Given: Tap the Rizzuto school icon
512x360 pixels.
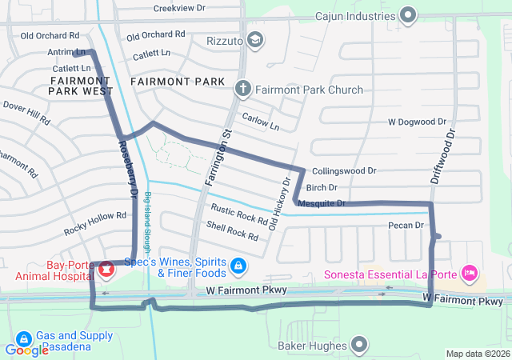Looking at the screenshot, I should point(254,39).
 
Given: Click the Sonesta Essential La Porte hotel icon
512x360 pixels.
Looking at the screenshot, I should point(470,274).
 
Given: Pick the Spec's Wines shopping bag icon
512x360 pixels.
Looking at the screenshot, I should point(238,265).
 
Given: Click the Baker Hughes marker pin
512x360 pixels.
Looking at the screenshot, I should point(359,346).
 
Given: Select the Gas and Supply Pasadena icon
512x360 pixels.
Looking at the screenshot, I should point(24,339).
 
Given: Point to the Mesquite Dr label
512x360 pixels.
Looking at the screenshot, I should point(321,203).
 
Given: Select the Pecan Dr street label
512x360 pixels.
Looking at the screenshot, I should point(405,226).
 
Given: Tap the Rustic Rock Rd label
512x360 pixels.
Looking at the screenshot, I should point(239,214).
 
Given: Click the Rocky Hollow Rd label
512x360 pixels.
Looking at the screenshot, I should point(95,222).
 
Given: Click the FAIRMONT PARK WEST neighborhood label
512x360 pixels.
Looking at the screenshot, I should point(80,86).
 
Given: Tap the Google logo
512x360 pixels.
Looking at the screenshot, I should point(26,350).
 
